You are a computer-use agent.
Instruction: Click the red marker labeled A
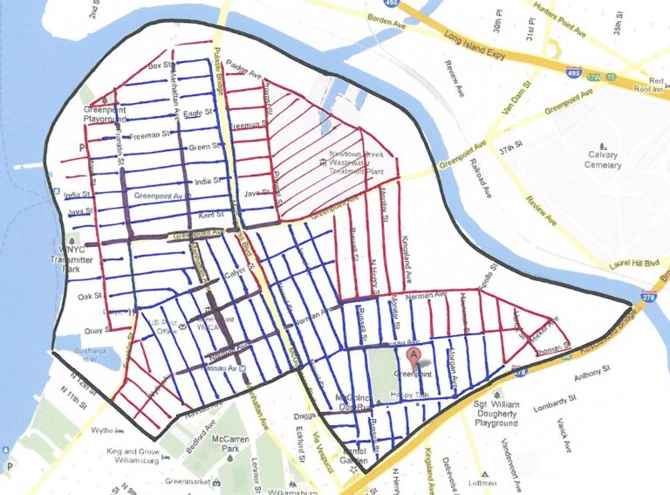pos(416,355)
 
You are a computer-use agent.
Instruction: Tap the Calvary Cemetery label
pos(603,160)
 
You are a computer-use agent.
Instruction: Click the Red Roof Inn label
pos(647,83)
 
